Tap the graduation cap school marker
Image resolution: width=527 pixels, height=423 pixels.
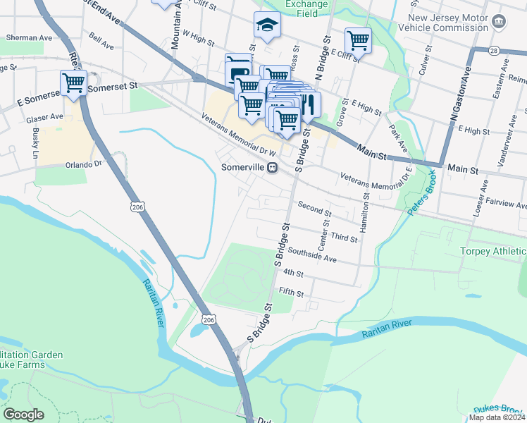(x=267, y=25)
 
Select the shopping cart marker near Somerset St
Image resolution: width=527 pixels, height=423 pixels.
(x=74, y=82)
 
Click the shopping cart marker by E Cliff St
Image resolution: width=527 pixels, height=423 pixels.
(x=358, y=40)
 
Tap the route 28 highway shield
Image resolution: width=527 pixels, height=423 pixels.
(x=494, y=51)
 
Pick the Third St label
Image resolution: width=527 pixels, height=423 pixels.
(x=344, y=239)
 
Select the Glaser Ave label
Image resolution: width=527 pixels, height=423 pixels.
(x=45, y=117)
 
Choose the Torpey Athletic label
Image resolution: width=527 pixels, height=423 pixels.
(x=492, y=252)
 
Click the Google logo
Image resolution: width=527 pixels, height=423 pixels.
(x=24, y=415)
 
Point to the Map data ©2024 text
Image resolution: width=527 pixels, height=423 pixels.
(x=496, y=417)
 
